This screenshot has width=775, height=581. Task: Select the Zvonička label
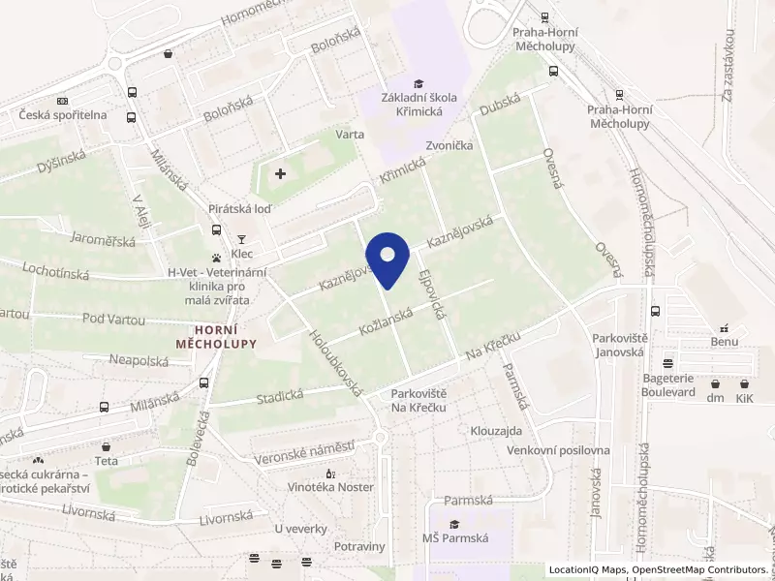coord(449,145)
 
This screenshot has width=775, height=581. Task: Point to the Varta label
coord(350,135)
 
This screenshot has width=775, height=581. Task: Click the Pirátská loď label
coord(239,209)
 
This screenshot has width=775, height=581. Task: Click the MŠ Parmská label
coord(454,538)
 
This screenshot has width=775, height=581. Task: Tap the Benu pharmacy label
coord(724,343)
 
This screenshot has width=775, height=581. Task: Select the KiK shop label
coord(744,398)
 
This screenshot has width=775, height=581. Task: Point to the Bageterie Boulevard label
coord(667,385)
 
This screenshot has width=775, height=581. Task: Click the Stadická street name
coord(280,396)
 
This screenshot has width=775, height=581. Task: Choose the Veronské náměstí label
coord(303,450)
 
